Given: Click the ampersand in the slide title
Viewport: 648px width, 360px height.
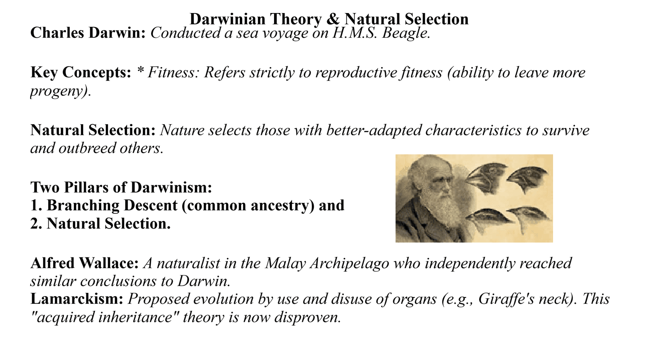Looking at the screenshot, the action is pos(333,19).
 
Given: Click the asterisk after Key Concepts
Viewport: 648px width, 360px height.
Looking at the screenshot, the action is pos(140,70).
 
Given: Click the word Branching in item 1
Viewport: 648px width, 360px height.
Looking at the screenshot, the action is pos(83,206).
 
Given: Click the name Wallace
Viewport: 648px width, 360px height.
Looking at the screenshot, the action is pos(109,263).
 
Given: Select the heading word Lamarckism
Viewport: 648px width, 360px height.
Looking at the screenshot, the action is pos(77,299).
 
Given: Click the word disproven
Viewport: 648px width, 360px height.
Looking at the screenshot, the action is pos(308,317).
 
